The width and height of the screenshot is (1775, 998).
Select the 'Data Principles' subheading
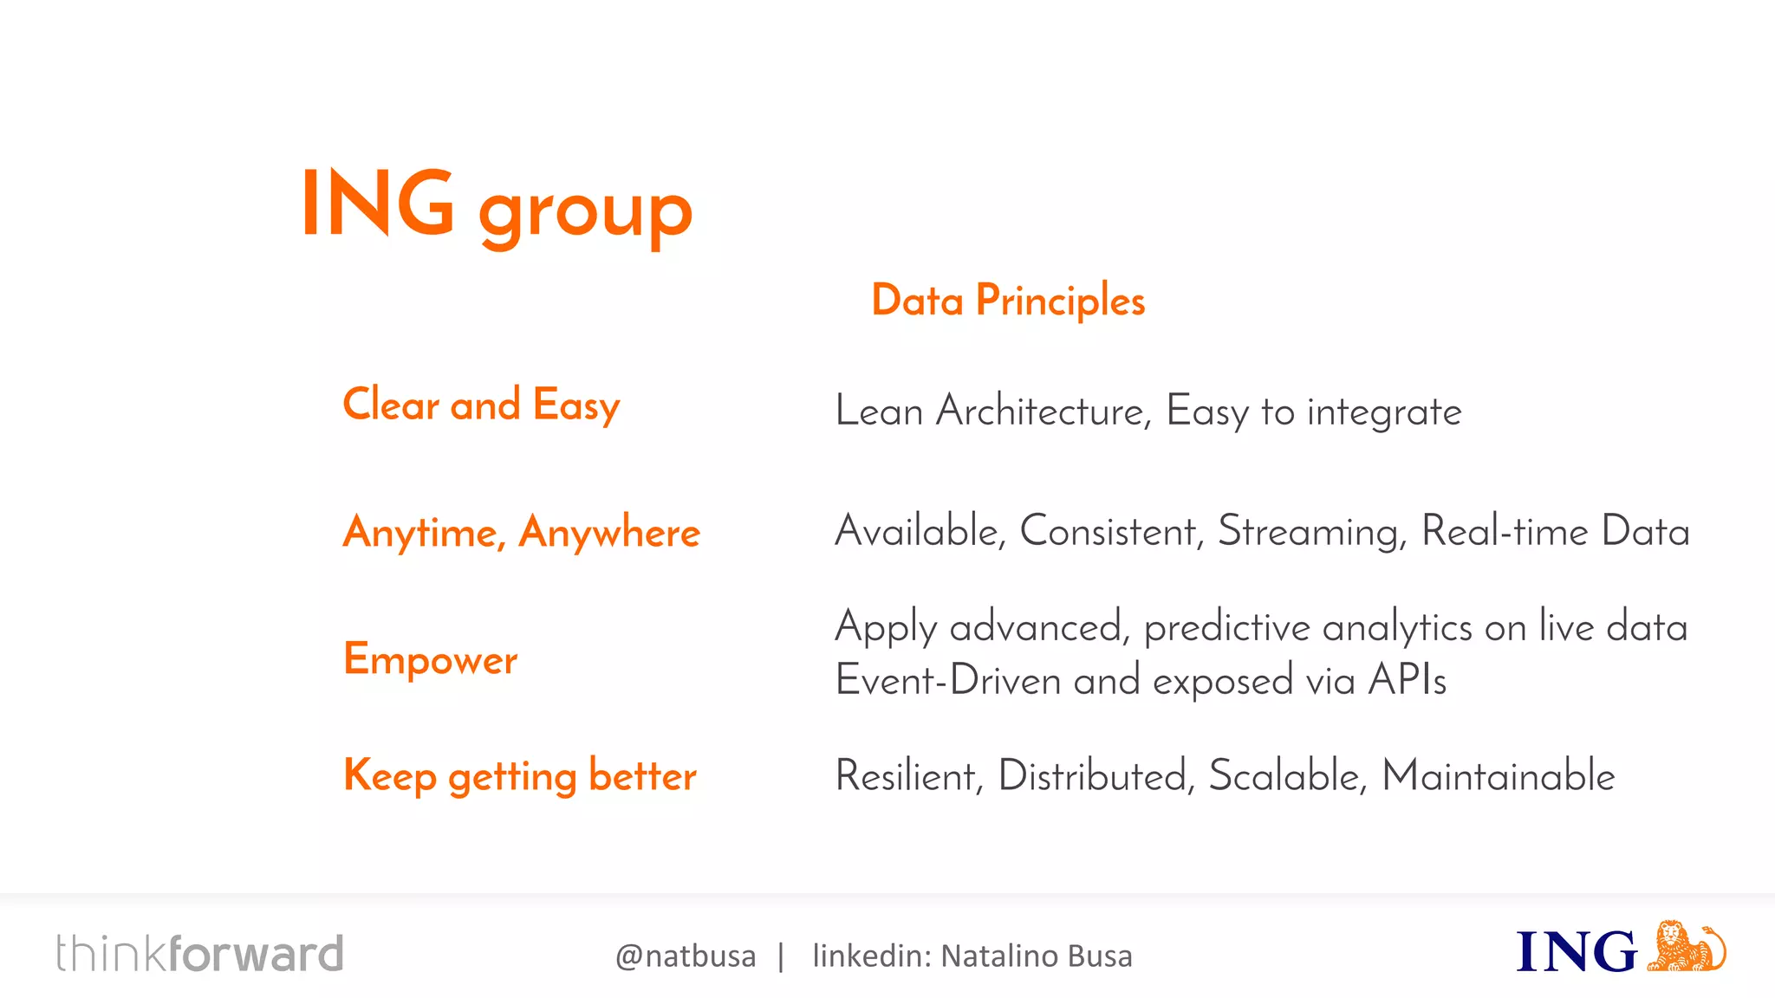1008,301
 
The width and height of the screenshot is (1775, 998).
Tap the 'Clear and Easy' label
481,405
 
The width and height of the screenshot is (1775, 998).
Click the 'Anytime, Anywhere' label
521,532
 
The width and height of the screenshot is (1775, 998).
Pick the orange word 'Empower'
430,659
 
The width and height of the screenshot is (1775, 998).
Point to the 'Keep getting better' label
520,775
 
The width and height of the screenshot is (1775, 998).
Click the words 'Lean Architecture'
992,411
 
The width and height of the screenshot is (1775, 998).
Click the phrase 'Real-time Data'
1555,531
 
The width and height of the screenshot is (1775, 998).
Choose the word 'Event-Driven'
948,680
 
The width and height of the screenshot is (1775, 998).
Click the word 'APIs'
1407,680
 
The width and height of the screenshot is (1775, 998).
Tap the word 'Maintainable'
1498,775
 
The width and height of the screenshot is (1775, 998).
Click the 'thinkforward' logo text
199,954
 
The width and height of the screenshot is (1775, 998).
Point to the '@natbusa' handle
685,956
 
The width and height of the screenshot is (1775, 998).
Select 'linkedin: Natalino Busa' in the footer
972,956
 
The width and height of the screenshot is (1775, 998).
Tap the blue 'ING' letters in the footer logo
1576,952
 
